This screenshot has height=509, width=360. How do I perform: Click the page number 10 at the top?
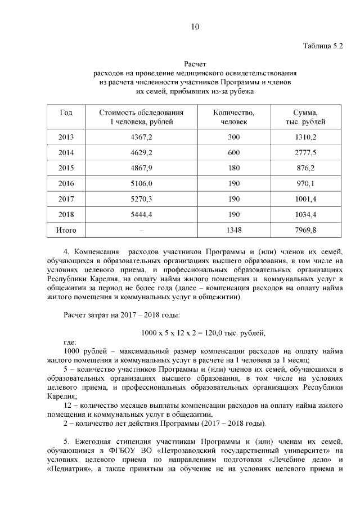tap(195, 27)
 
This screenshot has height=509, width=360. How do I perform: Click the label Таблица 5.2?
tap(322, 46)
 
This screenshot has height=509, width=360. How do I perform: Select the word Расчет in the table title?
tap(195, 65)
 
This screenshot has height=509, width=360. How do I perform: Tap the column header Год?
tap(66, 113)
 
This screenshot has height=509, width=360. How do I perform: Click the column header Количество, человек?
tap(234, 118)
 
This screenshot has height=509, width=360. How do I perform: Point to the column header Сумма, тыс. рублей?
tap(305, 118)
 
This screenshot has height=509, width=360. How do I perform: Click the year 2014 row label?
tap(66, 152)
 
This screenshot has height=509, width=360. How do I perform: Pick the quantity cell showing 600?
tap(234, 152)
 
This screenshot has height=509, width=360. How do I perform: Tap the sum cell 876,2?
tap(305, 168)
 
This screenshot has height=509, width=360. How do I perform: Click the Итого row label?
tap(66, 230)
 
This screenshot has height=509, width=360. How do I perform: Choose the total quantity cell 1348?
tap(234, 230)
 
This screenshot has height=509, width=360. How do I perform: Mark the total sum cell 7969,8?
tap(305, 230)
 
